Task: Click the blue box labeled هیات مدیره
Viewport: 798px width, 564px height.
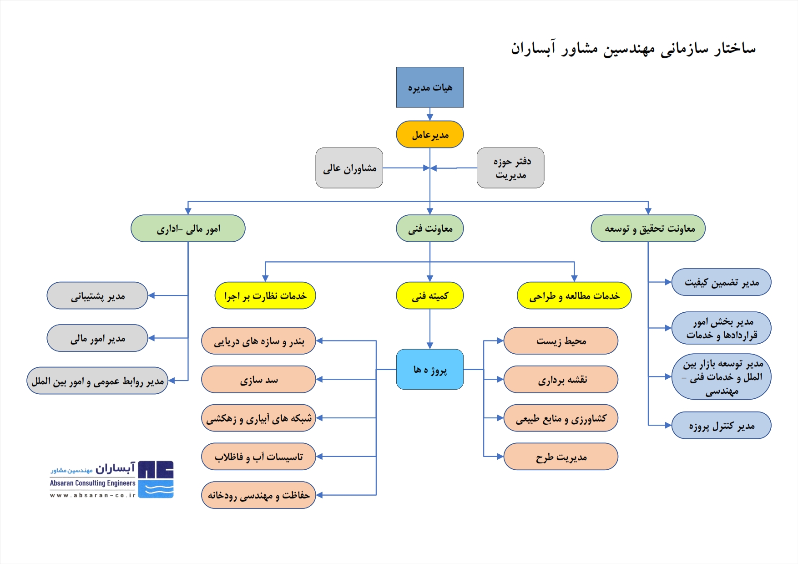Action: [429, 87]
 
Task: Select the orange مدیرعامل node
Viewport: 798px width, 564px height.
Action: [429, 134]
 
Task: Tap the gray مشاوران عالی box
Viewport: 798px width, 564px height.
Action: [349, 168]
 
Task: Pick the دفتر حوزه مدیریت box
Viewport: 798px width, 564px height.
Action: [510, 168]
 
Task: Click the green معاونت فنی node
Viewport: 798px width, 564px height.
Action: [429, 228]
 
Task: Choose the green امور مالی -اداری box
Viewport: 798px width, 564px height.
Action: [188, 228]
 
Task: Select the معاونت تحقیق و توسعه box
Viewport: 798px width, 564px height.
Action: [648, 228]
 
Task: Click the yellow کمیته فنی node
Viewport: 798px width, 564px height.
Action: [429, 295]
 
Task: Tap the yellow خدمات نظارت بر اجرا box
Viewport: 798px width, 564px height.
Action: [265, 295]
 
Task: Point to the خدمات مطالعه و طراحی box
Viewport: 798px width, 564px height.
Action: [574, 295]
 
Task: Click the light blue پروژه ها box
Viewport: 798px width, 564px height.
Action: [429, 369]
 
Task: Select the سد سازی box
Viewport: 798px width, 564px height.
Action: [258, 379]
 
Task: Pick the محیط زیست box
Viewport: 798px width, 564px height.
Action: [561, 340]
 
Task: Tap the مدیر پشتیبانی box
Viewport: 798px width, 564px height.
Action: [97, 295]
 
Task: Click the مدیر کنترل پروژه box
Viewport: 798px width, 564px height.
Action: [721, 425]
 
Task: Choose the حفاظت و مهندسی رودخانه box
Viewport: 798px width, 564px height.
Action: [258, 495]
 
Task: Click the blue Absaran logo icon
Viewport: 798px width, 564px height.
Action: [156, 479]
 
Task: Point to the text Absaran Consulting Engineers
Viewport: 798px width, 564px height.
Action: [93, 483]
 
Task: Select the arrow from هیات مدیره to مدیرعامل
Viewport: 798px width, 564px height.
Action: [429, 114]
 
